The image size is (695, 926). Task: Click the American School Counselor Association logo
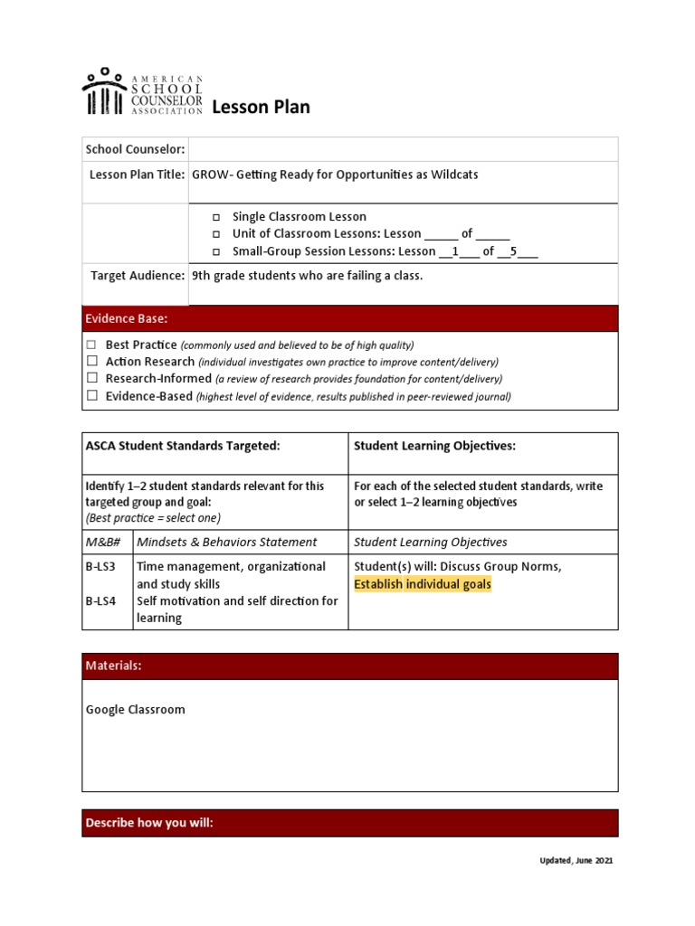click(x=142, y=92)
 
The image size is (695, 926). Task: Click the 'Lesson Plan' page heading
click(x=261, y=108)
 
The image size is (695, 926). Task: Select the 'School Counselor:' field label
click(x=135, y=149)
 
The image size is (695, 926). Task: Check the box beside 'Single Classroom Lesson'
click(x=216, y=218)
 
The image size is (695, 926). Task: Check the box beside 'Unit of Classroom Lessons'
click(x=216, y=235)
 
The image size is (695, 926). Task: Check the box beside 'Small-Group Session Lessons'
click(x=216, y=252)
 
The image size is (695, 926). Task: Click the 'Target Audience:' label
click(x=138, y=275)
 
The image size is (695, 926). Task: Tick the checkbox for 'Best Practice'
click(x=91, y=345)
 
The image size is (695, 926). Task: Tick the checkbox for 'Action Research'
click(x=91, y=362)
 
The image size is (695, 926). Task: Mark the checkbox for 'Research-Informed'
click(x=91, y=379)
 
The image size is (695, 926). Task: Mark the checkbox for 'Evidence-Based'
click(x=91, y=396)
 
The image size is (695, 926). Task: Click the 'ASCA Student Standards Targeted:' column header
click(x=183, y=446)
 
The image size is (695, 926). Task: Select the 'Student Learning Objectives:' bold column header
click(x=434, y=446)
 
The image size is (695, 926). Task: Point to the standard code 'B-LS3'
click(x=100, y=567)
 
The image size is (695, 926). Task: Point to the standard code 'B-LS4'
click(x=100, y=601)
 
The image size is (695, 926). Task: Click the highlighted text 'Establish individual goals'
click(x=423, y=584)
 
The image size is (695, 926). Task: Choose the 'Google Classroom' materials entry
click(x=136, y=710)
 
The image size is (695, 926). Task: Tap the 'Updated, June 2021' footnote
click(x=570, y=861)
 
